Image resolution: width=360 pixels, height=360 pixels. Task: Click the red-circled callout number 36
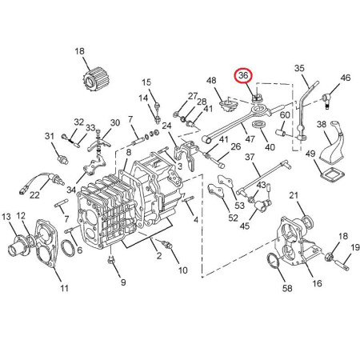(243, 75)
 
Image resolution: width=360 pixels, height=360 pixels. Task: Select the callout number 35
(299, 68)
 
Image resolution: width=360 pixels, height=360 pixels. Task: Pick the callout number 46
(346, 78)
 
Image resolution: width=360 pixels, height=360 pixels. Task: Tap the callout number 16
(317, 283)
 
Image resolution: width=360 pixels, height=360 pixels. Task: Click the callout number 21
(294, 195)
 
